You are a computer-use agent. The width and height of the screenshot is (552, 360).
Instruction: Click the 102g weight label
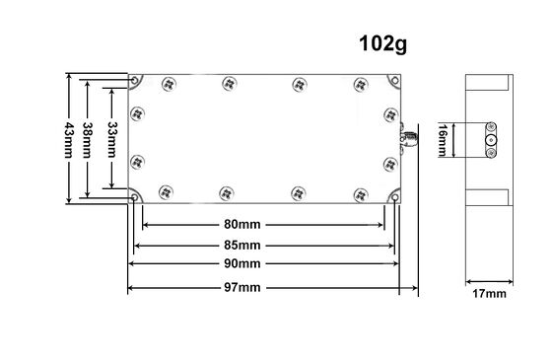click(x=382, y=44)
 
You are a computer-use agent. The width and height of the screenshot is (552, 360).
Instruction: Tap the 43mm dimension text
click(x=69, y=140)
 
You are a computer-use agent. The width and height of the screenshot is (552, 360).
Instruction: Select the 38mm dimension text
click(x=88, y=140)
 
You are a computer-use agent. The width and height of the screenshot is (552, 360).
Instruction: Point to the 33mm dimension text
click(x=112, y=139)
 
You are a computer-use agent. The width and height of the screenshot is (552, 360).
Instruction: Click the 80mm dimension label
click(x=242, y=224)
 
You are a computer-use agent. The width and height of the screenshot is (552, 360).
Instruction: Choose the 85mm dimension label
click(x=242, y=246)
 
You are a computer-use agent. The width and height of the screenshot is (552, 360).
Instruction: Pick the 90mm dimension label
click(x=242, y=263)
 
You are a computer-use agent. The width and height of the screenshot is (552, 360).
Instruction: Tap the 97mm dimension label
click(x=242, y=287)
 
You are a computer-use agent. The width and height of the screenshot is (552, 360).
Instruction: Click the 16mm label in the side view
click(x=443, y=140)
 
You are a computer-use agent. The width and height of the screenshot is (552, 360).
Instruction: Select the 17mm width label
click(x=489, y=294)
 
